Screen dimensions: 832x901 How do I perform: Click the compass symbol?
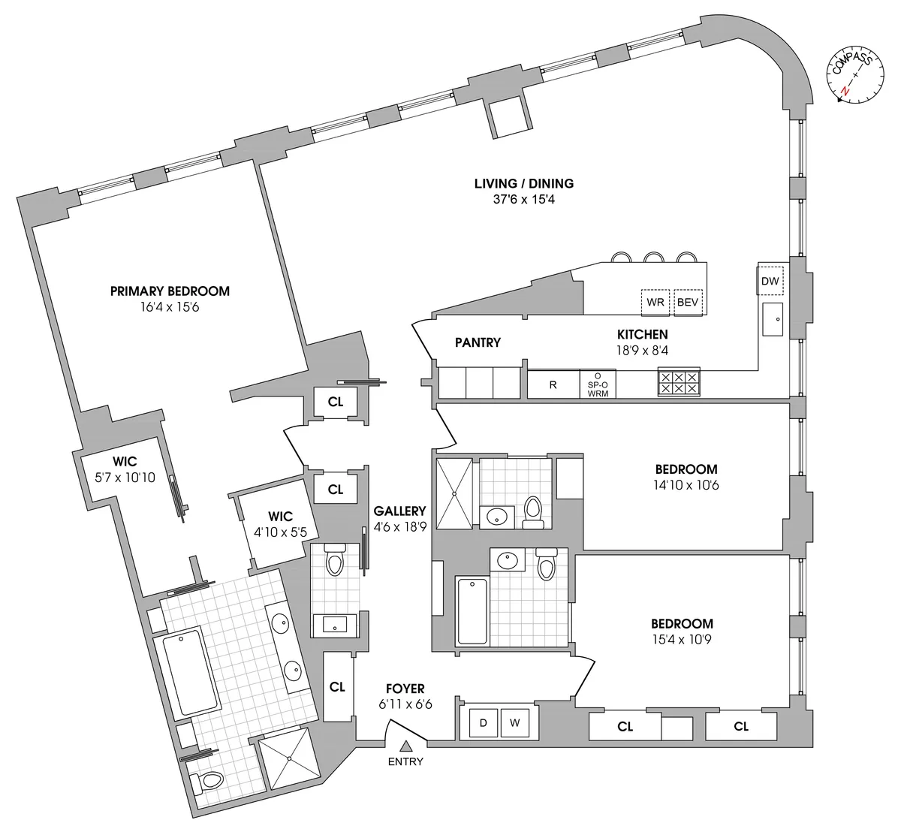[x=854, y=75]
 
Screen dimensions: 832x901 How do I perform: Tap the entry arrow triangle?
[x=405, y=746]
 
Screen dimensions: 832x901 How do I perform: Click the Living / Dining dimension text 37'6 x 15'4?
[x=523, y=200]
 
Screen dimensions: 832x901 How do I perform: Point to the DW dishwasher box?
[x=770, y=282]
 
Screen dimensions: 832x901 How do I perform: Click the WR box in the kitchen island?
[x=655, y=303]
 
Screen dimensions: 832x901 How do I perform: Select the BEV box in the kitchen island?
[x=688, y=303]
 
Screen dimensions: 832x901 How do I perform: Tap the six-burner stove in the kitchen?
[x=678, y=383]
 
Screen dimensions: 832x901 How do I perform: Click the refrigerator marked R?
[x=553, y=384]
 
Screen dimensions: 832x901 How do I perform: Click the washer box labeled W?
[x=514, y=723]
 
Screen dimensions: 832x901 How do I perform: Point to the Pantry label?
[x=478, y=342]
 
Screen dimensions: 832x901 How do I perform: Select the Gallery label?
[x=399, y=511]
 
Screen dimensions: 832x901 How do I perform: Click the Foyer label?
[x=405, y=689]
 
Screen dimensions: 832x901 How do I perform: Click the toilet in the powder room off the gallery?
[x=334, y=560]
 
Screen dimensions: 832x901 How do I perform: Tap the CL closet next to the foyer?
[x=337, y=687]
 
